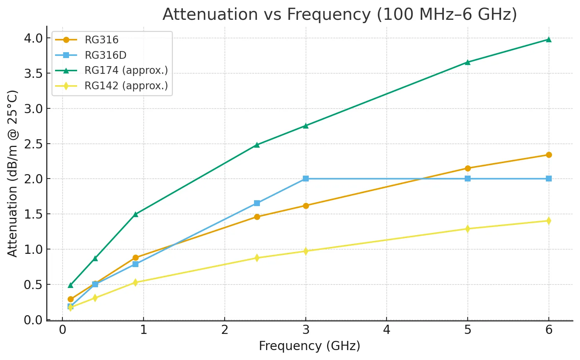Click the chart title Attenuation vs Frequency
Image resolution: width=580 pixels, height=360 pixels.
point(340,15)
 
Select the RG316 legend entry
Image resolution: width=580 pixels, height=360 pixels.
point(101,40)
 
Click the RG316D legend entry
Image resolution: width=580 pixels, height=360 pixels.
point(105,55)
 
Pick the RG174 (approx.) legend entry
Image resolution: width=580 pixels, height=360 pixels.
point(126,70)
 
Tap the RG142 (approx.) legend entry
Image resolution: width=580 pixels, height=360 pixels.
point(126,86)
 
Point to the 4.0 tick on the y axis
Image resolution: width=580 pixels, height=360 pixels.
point(33,38)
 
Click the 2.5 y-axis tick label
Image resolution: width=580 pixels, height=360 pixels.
point(33,144)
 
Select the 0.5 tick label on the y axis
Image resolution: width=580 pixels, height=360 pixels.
point(33,285)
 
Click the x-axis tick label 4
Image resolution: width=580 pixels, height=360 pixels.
point(387,330)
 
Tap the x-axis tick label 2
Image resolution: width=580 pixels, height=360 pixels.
point(225,330)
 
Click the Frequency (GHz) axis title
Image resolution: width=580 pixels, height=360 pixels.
point(309,346)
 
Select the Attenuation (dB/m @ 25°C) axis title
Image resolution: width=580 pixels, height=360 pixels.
point(12,173)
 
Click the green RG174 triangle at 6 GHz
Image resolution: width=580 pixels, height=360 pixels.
point(549,40)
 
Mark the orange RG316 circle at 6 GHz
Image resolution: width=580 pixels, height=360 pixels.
point(549,155)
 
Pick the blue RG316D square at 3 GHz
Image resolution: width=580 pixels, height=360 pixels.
point(306,179)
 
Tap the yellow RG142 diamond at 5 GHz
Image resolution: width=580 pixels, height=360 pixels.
point(468,228)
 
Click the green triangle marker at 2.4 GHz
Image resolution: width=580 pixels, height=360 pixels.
point(257,145)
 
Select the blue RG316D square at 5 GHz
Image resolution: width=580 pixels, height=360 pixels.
point(468,179)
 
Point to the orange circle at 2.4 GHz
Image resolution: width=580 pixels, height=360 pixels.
point(257,217)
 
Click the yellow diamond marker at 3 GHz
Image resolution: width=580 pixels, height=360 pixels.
point(306,251)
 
